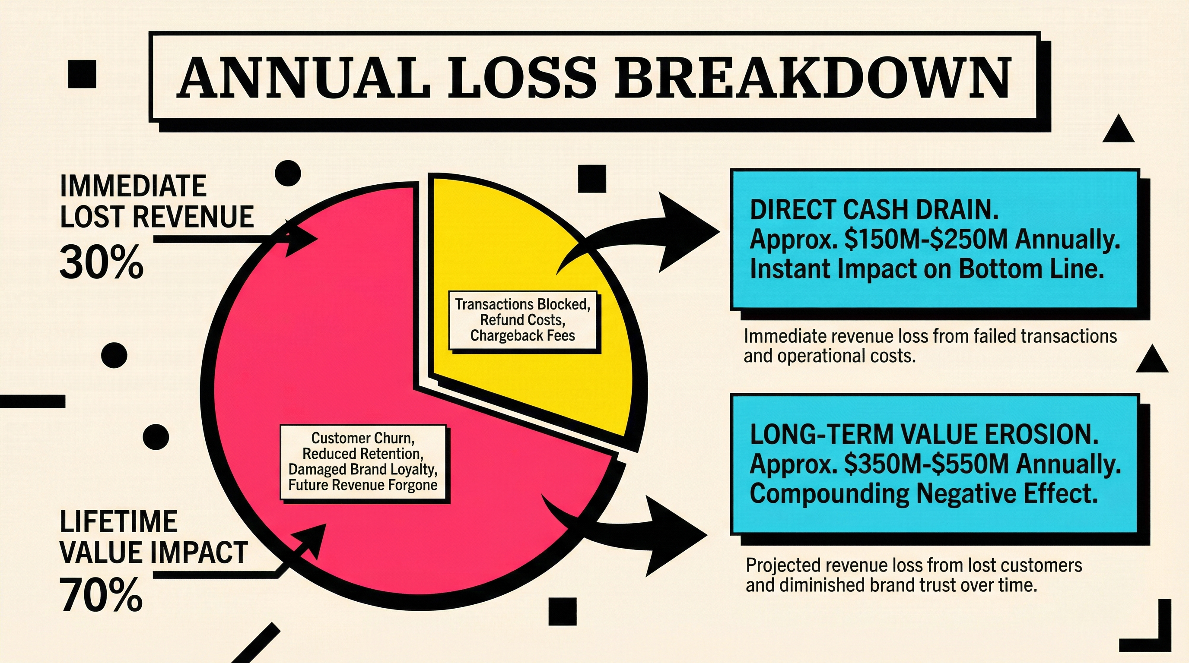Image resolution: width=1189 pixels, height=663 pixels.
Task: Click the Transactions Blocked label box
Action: coord(522,320)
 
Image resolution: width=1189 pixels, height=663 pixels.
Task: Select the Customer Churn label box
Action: coord(363,462)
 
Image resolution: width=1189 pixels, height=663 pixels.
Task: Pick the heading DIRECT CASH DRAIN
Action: coord(874,210)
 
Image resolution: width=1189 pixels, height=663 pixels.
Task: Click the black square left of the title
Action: coord(82,74)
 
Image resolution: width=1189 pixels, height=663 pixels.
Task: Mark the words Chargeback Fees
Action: coord(522,336)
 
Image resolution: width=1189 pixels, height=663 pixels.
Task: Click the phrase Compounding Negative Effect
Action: coord(923,494)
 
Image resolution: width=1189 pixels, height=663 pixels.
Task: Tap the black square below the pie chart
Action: coord(563,611)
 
